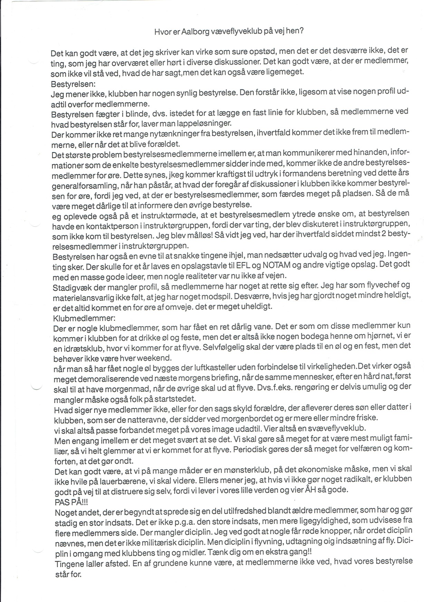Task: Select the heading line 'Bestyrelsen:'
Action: pos(68,84)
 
